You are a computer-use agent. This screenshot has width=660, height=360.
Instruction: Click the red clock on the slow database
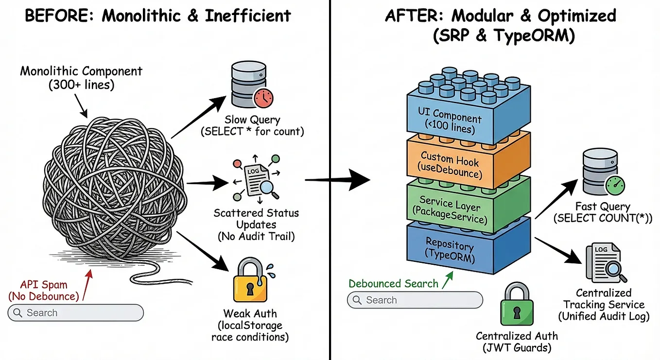click(263, 97)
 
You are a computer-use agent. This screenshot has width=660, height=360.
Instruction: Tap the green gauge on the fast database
click(615, 186)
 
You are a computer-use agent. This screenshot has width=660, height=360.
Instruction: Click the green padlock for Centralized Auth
click(517, 304)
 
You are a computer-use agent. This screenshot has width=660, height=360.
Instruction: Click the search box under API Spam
click(76, 312)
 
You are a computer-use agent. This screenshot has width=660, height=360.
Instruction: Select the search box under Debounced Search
click(415, 300)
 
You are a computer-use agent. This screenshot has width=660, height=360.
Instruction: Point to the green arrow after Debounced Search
click(447, 280)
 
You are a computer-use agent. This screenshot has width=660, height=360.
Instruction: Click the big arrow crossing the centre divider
click(338, 179)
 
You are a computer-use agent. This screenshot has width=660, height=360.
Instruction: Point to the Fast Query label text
click(603, 212)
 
